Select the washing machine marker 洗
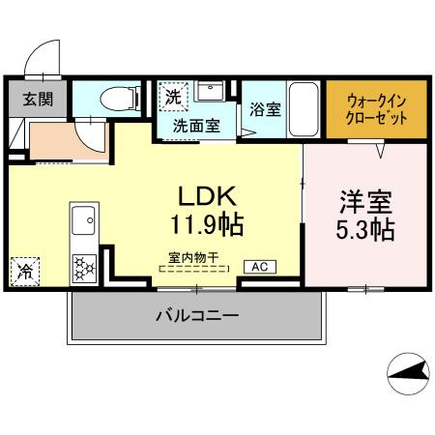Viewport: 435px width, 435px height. (x=173, y=97)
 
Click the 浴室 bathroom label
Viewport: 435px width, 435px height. (x=265, y=109)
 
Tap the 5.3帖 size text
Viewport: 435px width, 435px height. (x=364, y=232)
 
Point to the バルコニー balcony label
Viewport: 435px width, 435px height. (x=196, y=316)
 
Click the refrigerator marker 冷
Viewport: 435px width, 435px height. (x=22, y=272)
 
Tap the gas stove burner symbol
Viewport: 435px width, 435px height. (x=83, y=266)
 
